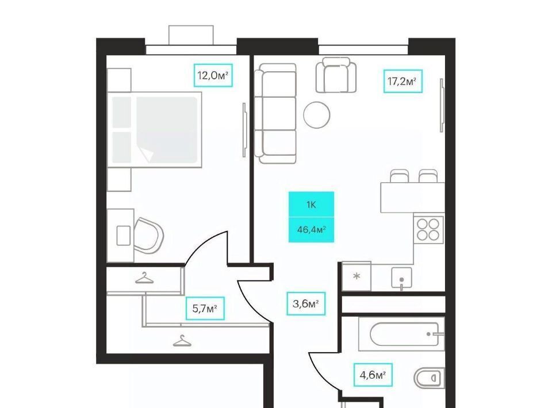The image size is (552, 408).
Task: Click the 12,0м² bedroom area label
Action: point(213,75)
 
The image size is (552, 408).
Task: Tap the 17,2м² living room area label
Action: point(402,81)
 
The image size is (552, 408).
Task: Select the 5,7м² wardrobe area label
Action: point(205,309)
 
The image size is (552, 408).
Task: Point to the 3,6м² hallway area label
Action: point(305,303)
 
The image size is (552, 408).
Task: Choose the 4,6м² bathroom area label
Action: point(373,375)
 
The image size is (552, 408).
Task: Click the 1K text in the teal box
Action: point(311,205)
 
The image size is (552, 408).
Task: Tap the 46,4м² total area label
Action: point(311,230)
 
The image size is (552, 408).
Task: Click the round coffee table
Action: point(316,115)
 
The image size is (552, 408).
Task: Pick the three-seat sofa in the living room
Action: point(275,113)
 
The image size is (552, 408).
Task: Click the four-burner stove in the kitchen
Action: point(428,229)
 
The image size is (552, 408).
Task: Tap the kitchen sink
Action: point(402,278)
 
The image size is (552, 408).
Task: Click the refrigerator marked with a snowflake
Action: point(356,276)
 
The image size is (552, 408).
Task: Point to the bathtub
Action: point(401,334)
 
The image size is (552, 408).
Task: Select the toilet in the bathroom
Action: point(429,378)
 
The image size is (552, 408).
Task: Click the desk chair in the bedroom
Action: point(148,235)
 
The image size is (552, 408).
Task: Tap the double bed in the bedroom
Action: point(155,130)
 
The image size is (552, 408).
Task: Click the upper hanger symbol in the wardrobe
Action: point(144,278)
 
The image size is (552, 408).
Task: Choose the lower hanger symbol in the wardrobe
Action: point(182,341)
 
